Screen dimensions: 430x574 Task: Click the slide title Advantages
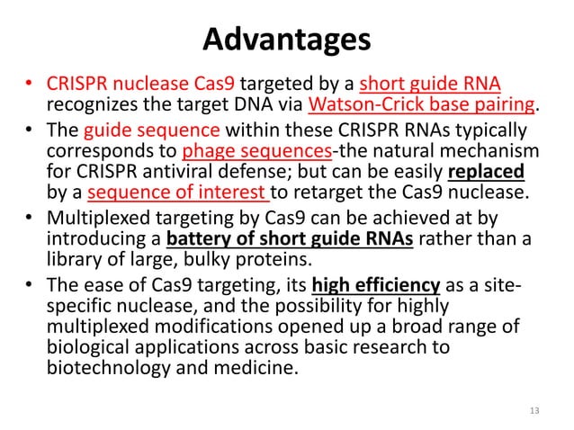point(286,40)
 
